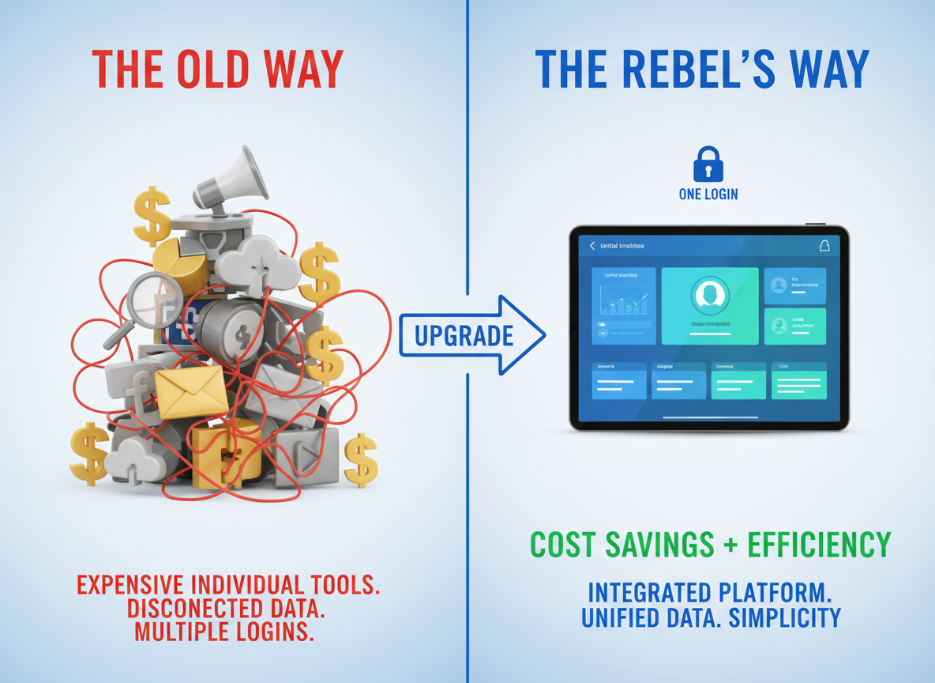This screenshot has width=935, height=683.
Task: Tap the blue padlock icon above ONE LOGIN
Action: pyautogui.click(x=708, y=164)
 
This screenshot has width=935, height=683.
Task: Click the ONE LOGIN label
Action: pyautogui.click(x=708, y=194)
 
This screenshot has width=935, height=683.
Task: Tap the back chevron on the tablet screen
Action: pyautogui.click(x=592, y=247)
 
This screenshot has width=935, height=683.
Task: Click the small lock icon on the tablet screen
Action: pyautogui.click(x=824, y=246)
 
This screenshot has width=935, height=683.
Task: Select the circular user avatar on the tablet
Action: pyautogui.click(x=709, y=296)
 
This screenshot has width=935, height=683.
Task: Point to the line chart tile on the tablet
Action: pyautogui.click(x=624, y=305)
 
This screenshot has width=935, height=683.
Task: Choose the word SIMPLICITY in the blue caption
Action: pyautogui.click(x=786, y=617)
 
